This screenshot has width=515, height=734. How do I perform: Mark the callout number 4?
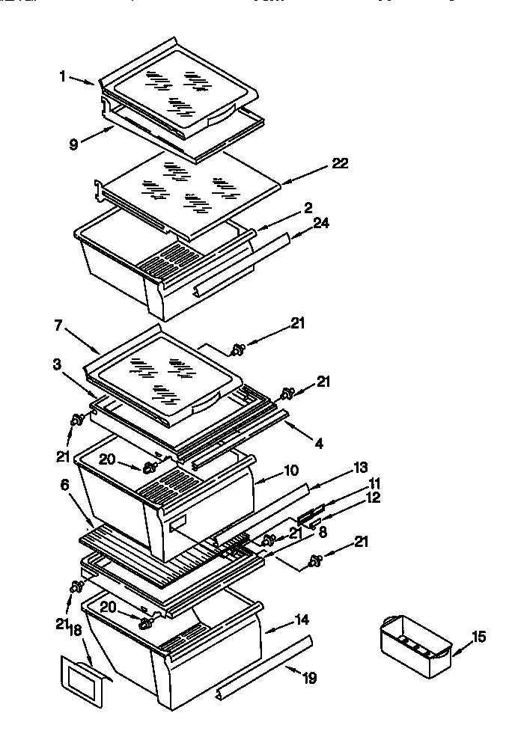[319, 444]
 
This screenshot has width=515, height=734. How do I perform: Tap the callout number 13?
[360, 468]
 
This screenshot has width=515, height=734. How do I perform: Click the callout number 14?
[302, 620]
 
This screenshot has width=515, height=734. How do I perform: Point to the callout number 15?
[478, 637]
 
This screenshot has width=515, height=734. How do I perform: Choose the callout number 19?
[309, 679]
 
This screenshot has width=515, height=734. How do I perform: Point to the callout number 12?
[373, 497]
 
